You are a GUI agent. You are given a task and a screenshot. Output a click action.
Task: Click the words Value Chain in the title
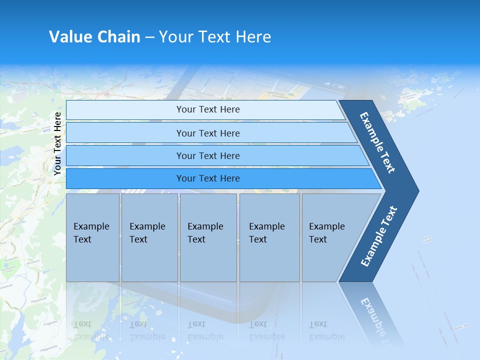pyautogui.click(x=94, y=37)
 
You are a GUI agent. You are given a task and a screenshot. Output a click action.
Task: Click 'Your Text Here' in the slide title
pyautogui.click(x=215, y=37)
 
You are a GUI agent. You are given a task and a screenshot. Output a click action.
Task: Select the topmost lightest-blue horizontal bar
pyautogui.click(x=125, y=110)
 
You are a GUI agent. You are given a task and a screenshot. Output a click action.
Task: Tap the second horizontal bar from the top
pyautogui.click(x=125, y=133)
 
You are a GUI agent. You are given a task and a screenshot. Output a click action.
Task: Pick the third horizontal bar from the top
pyautogui.click(x=125, y=156)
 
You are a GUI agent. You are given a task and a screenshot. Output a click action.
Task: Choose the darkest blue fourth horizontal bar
pyautogui.click(x=125, y=178)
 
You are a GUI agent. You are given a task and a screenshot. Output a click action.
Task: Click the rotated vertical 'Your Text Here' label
pyautogui.click(x=57, y=143)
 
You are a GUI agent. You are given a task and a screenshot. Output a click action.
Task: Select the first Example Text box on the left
pyautogui.click(x=92, y=237)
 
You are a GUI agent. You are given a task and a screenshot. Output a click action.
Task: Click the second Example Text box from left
pyautogui.click(x=149, y=237)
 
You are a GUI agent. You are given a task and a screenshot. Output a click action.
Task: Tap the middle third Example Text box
pyautogui.click(x=208, y=237)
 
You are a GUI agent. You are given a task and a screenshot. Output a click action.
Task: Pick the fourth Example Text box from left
pyautogui.click(x=269, y=237)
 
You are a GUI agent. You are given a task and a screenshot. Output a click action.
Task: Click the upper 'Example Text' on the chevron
pyautogui.click(x=377, y=142)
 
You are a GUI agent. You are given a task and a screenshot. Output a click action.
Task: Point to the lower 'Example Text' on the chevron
pyautogui.click(x=378, y=236)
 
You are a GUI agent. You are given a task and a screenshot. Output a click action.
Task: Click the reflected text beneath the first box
pyautogui.click(x=91, y=330)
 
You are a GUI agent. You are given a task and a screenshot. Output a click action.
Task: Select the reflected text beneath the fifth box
pyautogui.click(x=326, y=330)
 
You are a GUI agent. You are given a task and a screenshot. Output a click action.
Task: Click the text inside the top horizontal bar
pyautogui.click(x=208, y=109)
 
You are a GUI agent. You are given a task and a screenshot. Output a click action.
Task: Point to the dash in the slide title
pyautogui.click(x=149, y=37)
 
